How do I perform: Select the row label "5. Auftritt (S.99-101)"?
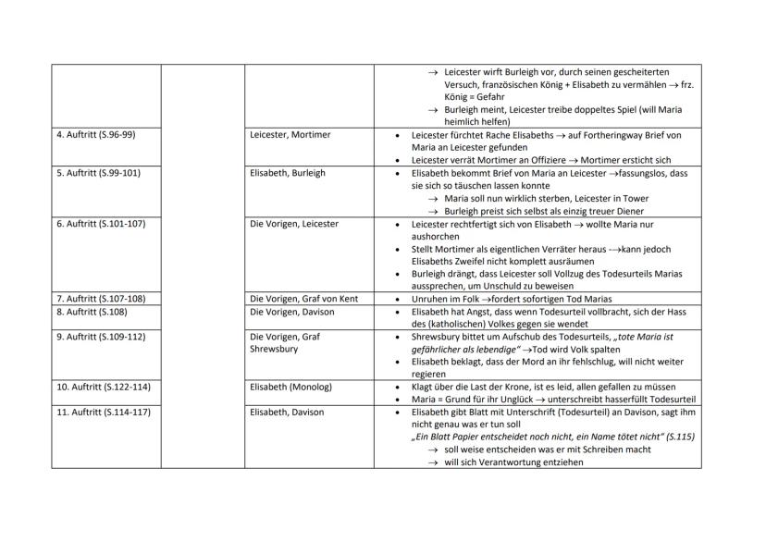[99, 173]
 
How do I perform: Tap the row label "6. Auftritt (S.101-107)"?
[102, 224]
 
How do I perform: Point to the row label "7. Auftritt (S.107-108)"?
[102, 299]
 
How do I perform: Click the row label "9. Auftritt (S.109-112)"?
[102, 337]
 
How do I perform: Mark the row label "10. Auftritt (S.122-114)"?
[105, 387]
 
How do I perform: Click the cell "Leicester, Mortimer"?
[290, 135]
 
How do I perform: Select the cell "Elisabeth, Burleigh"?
[288, 173]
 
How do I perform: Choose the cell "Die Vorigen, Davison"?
[291, 312]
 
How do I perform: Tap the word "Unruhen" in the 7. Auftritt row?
[429, 299]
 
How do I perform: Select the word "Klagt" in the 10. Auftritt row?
[423, 387]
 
